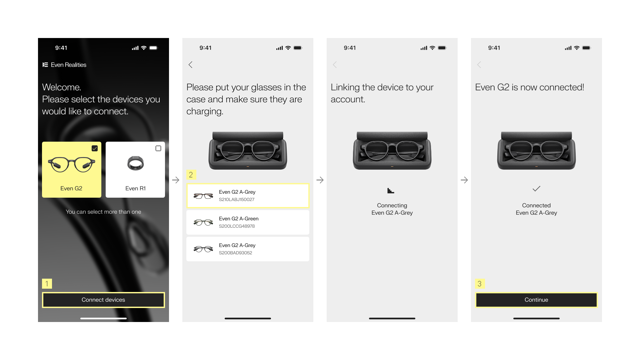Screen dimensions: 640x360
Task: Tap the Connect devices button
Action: pos(103,300)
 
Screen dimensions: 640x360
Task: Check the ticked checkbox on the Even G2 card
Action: pos(95,148)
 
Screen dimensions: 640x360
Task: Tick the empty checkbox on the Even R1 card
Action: pos(158,148)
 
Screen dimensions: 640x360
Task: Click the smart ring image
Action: pos(135,163)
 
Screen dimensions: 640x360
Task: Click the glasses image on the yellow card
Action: pos(71,164)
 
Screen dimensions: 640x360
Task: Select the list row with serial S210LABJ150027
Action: pos(248,196)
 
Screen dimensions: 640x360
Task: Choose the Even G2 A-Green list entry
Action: pos(248,222)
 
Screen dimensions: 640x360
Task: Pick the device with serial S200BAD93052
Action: pos(248,249)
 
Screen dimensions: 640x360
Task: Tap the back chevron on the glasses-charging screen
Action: pos(190,65)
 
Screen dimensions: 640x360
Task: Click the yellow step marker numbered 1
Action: pos(47,284)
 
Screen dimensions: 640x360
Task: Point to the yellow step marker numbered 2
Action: pos(191,175)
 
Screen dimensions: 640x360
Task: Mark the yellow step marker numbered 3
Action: pos(480,284)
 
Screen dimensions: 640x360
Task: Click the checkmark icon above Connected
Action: pos(536,189)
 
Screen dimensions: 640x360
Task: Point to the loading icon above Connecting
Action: pos(391,191)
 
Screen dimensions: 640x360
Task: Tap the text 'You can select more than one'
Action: pos(103,212)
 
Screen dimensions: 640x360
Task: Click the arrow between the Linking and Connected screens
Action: pos(464,180)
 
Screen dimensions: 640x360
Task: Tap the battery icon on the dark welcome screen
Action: pos(153,48)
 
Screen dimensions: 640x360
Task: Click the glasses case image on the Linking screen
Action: pos(392,150)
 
